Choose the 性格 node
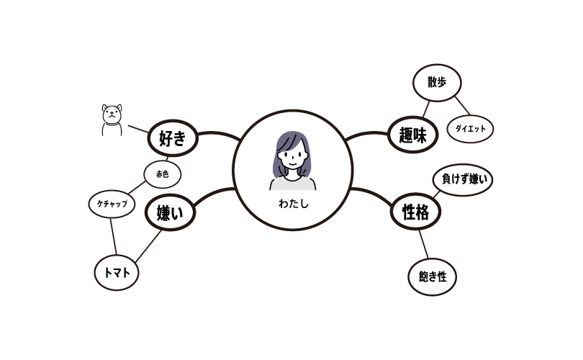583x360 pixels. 415,212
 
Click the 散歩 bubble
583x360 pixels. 436,82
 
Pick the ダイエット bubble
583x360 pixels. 470,129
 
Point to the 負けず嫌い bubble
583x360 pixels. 463,180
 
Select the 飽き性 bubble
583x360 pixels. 432,276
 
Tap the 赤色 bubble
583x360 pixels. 162,174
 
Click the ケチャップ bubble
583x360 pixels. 112,204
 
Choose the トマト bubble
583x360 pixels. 117,274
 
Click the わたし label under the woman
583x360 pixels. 293,204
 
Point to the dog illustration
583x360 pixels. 111,120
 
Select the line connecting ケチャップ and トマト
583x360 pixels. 113,238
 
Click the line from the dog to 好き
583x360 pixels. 137,130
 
